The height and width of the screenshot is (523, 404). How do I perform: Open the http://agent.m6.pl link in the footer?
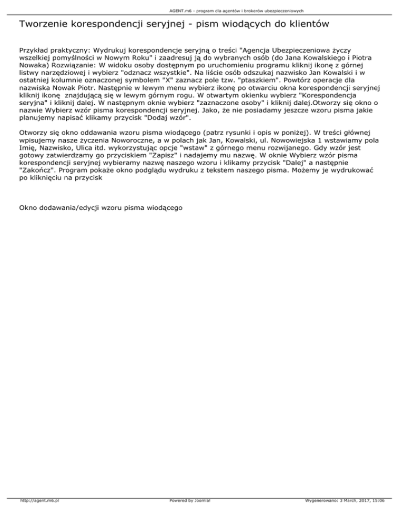pyautogui.click(x=39, y=515)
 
